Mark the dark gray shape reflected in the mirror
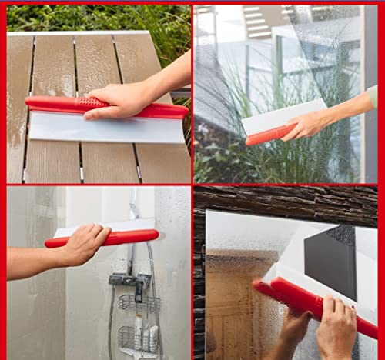pos(331,260)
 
